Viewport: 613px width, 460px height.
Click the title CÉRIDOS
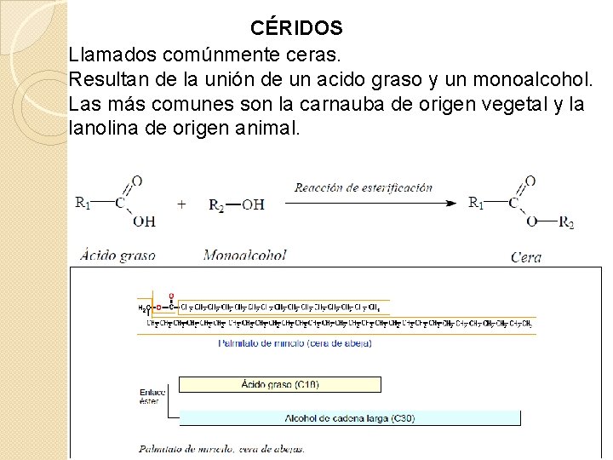[x=296, y=28]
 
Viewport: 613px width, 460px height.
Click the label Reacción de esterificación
[x=364, y=187]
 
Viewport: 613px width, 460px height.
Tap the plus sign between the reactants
[x=181, y=204]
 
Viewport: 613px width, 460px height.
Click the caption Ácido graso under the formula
[x=117, y=254]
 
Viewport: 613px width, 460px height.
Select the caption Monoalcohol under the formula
[x=244, y=254]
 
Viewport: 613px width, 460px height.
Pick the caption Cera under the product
[x=525, y=256]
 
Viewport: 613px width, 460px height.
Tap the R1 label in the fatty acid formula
[x=83, y=203]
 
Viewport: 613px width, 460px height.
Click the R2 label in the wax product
[x=566, y=223]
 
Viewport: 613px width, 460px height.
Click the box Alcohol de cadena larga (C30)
[x=350, y=418]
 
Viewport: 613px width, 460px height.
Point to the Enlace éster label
[x=151, y=396]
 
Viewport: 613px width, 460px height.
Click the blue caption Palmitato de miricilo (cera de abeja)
[x=295, y=343]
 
